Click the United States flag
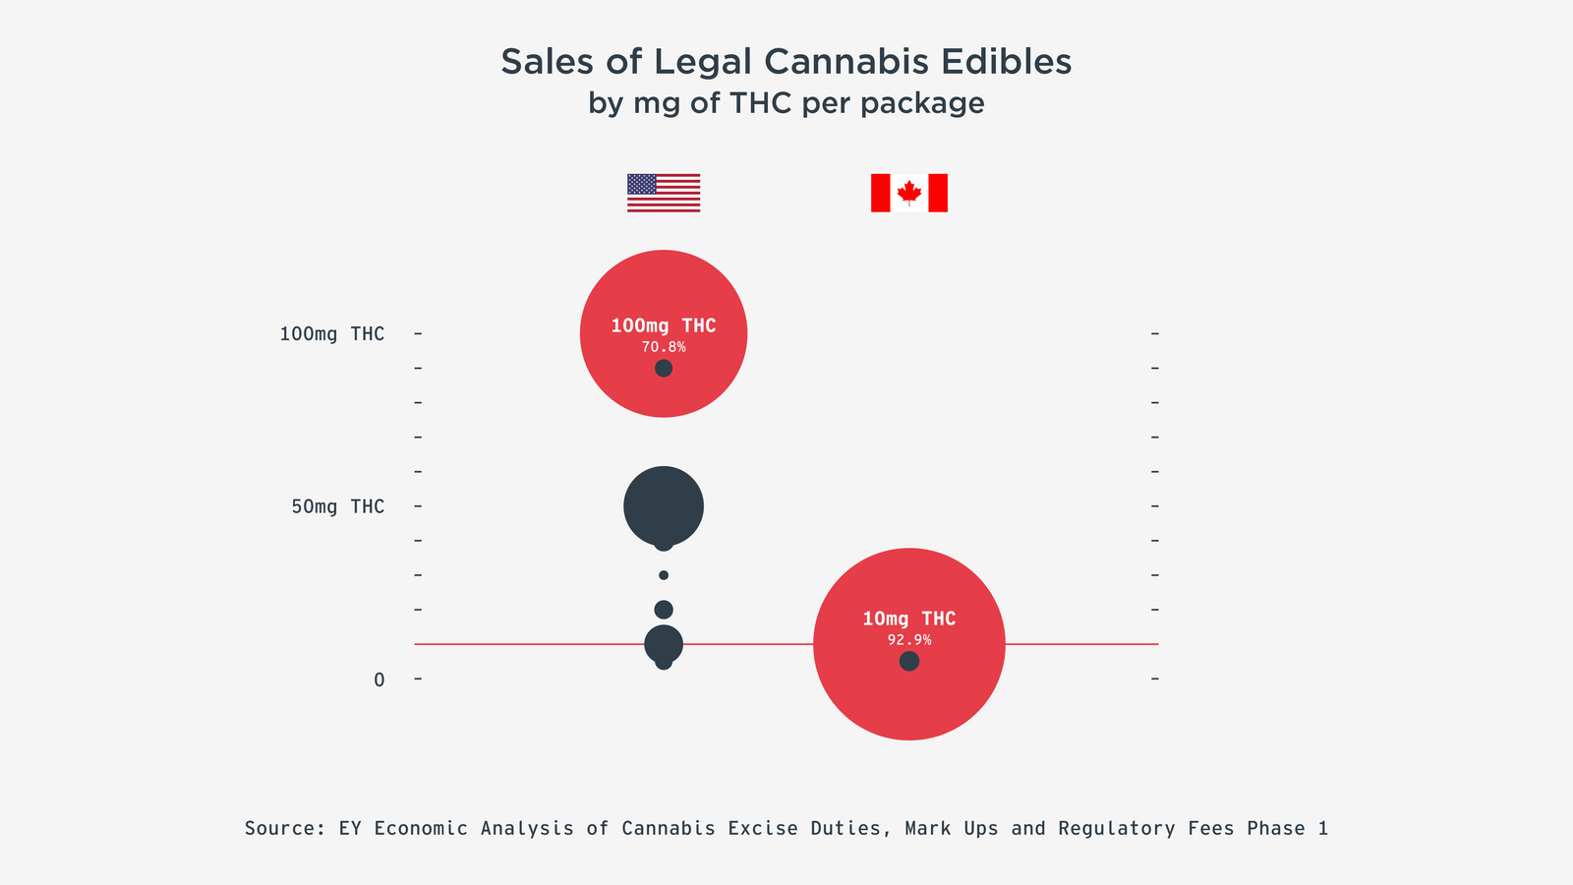pos(664,193)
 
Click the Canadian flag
pos(908,193)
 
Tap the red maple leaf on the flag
pos(909,192)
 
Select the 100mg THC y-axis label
pos(331,334)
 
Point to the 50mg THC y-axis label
pos(337,506)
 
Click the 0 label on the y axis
pos(379,679)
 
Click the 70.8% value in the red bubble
pos(664,347)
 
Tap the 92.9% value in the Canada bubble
pos(909,640)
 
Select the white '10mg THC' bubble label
pos(909,619)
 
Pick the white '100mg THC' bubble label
pos(664,325)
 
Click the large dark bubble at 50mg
pos(664,504)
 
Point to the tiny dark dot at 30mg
pos(664,575)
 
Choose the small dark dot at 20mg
pos(664,610)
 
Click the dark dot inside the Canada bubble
pos(909,662)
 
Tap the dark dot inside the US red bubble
pos(664,369)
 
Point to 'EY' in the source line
pos(350,829)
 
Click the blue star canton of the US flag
pos(641,183)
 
